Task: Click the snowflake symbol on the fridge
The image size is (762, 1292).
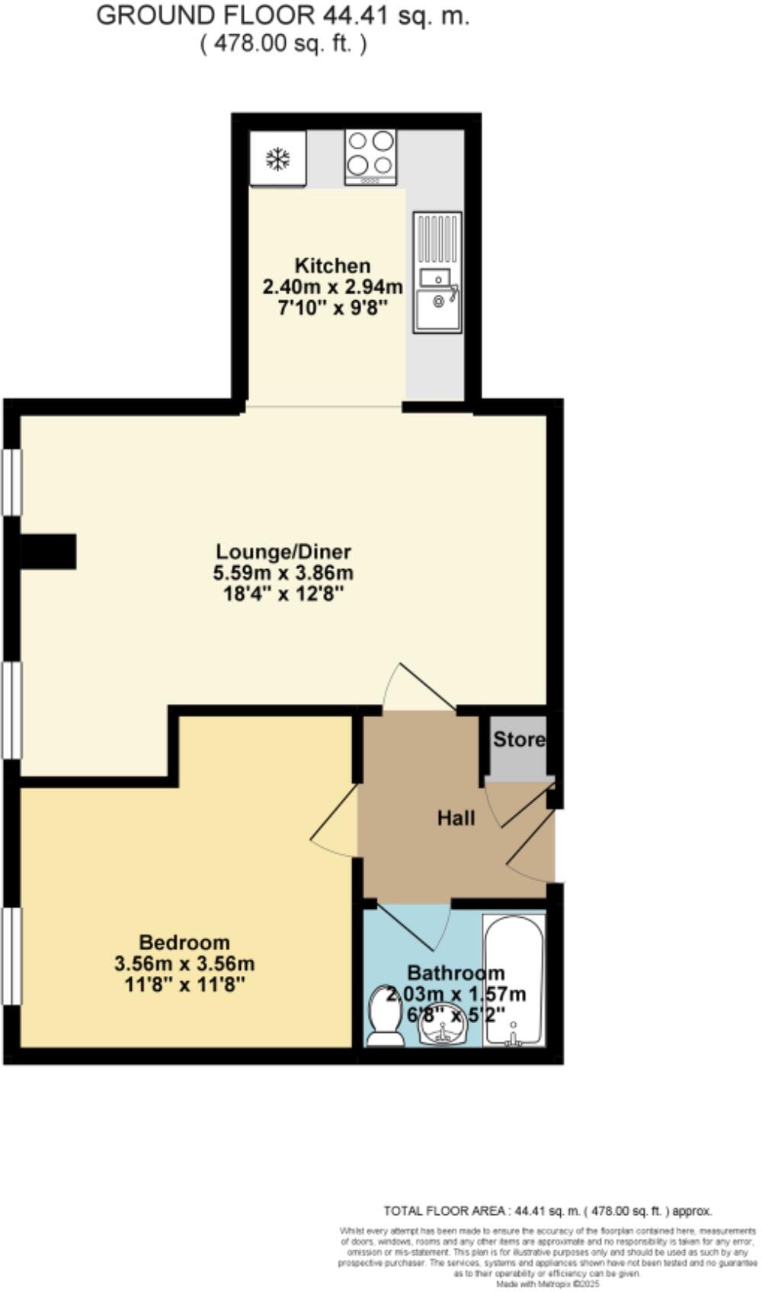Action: click(277, 159)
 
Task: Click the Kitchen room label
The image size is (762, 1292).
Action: click(332, 266)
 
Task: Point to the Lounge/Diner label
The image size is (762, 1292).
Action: click(283, 551)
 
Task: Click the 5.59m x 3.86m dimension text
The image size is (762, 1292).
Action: click(283, 572)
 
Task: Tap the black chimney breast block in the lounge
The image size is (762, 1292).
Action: click(47, 551)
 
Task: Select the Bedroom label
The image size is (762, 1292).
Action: click(184, 942)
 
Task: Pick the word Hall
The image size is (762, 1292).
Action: click(456, 818)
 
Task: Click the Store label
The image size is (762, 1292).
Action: click(519, 739)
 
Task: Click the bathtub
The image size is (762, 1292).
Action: click(514, 980)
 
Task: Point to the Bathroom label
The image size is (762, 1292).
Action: click(456, 973)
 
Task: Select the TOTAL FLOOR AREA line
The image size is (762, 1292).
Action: click(547, 1210)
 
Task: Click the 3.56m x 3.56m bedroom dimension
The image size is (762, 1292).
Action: click(184, 964)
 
